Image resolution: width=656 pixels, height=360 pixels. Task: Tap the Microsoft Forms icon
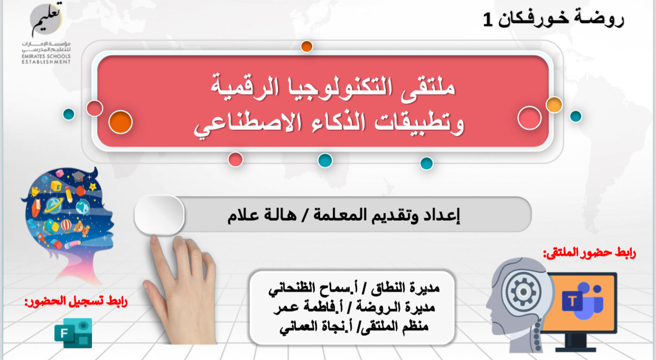[x=73, y=333]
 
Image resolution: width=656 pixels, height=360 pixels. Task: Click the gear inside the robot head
[x=523, y=291]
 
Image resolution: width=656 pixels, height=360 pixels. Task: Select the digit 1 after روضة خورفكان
[x=488, y=20]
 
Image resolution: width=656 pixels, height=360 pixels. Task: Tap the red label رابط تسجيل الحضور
[x=76, y=301]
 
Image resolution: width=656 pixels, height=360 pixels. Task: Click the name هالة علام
[x=262, y=215]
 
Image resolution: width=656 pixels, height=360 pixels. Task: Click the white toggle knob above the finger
[x=160, y=215]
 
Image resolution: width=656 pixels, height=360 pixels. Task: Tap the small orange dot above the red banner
[x=307, y=46]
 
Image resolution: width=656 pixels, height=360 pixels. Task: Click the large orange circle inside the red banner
[x=120, y=122]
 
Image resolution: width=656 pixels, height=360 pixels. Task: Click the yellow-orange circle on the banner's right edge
[x=554, y=105]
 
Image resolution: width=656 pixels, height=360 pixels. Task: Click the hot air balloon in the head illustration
[x=66, y=225]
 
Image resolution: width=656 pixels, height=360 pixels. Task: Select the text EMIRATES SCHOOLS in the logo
[x=46, y=56]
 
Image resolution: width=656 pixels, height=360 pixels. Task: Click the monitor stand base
[x=576, y=349]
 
